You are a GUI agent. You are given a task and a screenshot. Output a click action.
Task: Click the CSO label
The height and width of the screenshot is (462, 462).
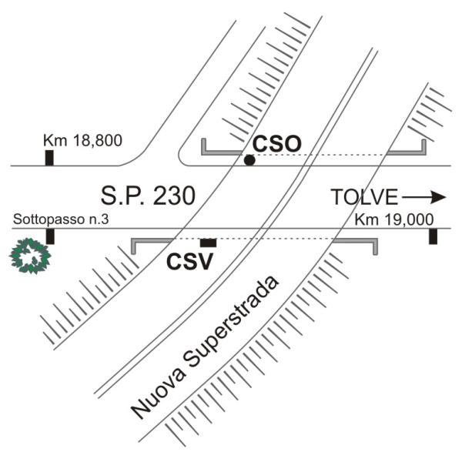pos(277,144)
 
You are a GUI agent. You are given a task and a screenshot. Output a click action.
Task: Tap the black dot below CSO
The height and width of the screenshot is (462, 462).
pos(249,160)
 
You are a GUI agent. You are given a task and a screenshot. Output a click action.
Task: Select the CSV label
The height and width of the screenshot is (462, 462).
pos(189,262)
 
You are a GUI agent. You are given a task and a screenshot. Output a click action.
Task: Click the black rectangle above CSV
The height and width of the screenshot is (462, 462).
pos(209,243)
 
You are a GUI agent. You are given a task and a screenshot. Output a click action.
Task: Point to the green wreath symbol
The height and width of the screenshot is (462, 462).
pos(30,256)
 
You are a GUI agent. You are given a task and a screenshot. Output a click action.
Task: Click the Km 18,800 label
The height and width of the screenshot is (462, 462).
pos(82,141)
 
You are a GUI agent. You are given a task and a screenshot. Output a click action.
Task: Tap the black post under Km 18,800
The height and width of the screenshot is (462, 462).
pos(49,158)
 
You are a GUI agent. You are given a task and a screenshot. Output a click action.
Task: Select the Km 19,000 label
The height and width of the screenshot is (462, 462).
pos(394,219)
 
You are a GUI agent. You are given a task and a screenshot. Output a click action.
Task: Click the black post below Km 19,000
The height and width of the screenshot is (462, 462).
pos(433,236)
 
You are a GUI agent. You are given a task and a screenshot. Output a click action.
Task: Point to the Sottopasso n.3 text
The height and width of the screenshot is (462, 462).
pos(61,219)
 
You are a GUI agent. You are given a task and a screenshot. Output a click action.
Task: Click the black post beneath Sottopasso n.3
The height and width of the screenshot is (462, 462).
pos(50,236)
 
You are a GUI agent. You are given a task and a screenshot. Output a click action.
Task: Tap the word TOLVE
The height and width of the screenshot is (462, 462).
pos(364,197)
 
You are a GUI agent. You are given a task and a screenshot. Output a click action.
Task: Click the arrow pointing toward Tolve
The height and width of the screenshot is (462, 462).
pos(424,197)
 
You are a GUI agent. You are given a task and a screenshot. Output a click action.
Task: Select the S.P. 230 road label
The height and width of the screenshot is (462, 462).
pos(148,196)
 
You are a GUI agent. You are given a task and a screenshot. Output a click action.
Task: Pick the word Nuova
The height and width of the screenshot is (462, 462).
pos(158,393)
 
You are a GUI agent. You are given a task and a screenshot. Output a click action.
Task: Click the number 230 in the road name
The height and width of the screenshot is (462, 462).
pos(174,196)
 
